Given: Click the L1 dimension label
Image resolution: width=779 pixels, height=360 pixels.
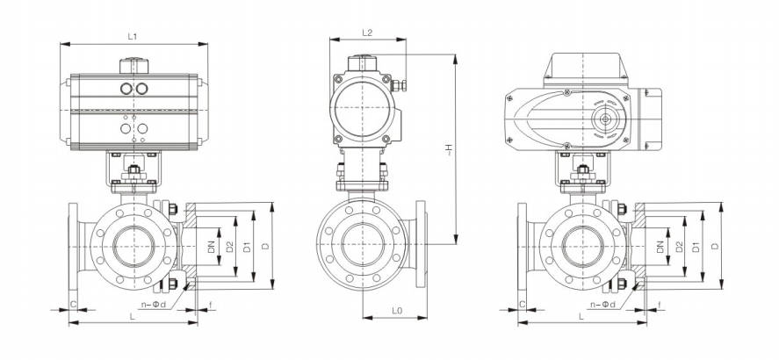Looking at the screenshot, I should click(133, 36).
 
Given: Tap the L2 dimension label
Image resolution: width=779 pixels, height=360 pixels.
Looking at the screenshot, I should click(368, 32).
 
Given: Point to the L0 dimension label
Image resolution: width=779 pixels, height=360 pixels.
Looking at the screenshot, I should click(396, 312).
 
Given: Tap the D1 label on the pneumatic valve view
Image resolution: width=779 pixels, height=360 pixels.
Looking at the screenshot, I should click(250, 248).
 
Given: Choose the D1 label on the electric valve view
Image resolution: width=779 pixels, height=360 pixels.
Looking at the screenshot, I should click(698, 248).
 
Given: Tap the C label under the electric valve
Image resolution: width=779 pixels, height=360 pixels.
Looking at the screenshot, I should click(522, 305).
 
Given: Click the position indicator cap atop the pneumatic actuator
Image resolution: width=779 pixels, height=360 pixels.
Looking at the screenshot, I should click(133, 65).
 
